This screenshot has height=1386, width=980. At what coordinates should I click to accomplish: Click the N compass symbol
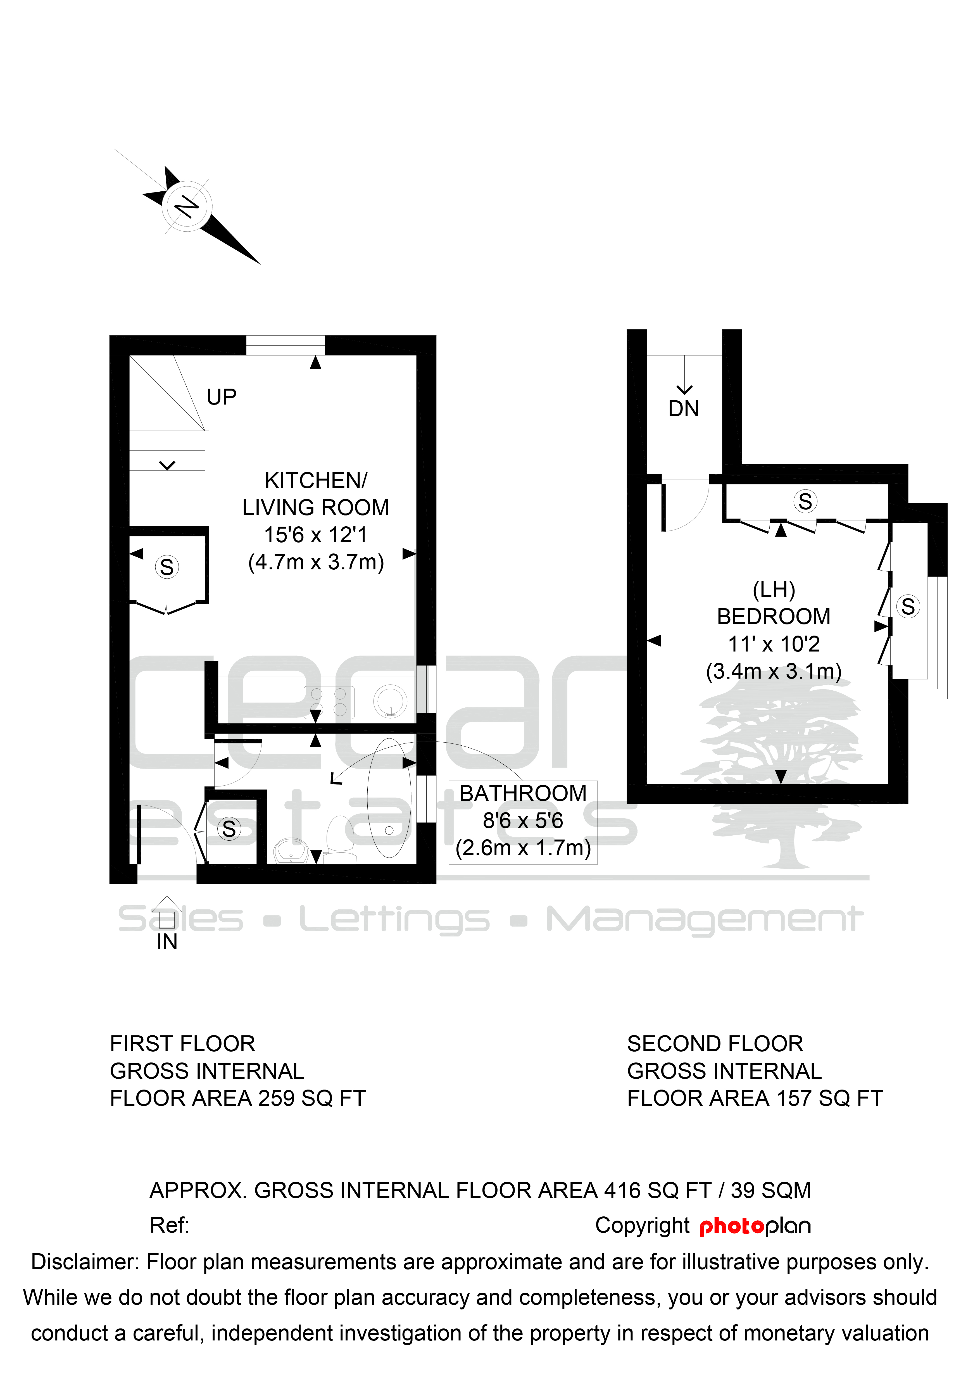point(187,206)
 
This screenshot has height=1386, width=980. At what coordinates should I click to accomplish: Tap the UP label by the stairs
point(222,397)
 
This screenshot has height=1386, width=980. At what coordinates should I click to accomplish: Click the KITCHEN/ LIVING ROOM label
point(316,494)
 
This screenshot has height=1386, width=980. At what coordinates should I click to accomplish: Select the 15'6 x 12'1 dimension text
point(316,535)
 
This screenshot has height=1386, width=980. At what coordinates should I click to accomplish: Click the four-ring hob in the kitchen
point(329,702)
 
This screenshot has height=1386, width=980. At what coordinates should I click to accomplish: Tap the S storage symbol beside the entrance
point(229,829)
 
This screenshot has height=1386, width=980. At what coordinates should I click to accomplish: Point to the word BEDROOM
point(774,616)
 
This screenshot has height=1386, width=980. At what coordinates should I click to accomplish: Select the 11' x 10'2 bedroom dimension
point(774,644)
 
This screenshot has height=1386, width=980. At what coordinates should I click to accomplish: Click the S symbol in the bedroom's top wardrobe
point(805,501)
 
